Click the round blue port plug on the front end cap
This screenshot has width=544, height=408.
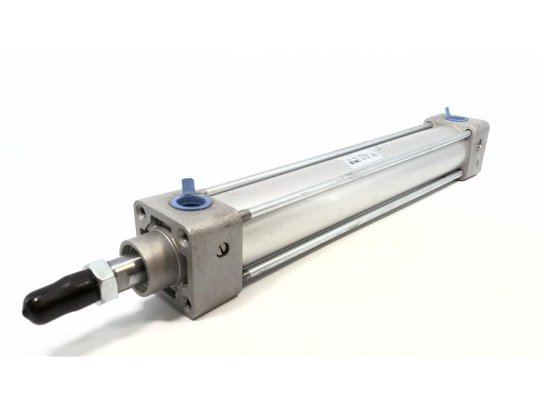[x=190, y=201]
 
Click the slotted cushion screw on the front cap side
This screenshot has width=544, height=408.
[x=222, y=250]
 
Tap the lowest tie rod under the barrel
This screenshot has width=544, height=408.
[x=354, y=224]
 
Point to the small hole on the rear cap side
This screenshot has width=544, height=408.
[x=479, y=144]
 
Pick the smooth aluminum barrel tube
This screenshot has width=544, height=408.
[x=340, y=204]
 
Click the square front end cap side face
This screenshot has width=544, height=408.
[x=218, y=265]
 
